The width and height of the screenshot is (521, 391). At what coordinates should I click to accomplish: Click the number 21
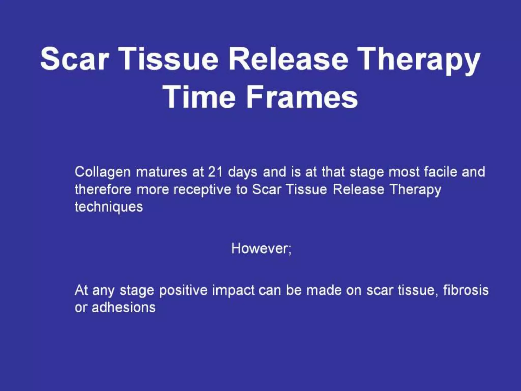tap(215, 172)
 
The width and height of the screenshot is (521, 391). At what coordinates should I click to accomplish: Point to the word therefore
tap(103, 189)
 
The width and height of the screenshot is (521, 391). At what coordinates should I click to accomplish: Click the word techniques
tap(109, 207)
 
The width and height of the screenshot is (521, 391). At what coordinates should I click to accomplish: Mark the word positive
tap(183, 290)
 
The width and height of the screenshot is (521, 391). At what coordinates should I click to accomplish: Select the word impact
tap(233, 291)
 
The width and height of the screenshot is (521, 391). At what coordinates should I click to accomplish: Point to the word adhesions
tap(123, 307)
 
